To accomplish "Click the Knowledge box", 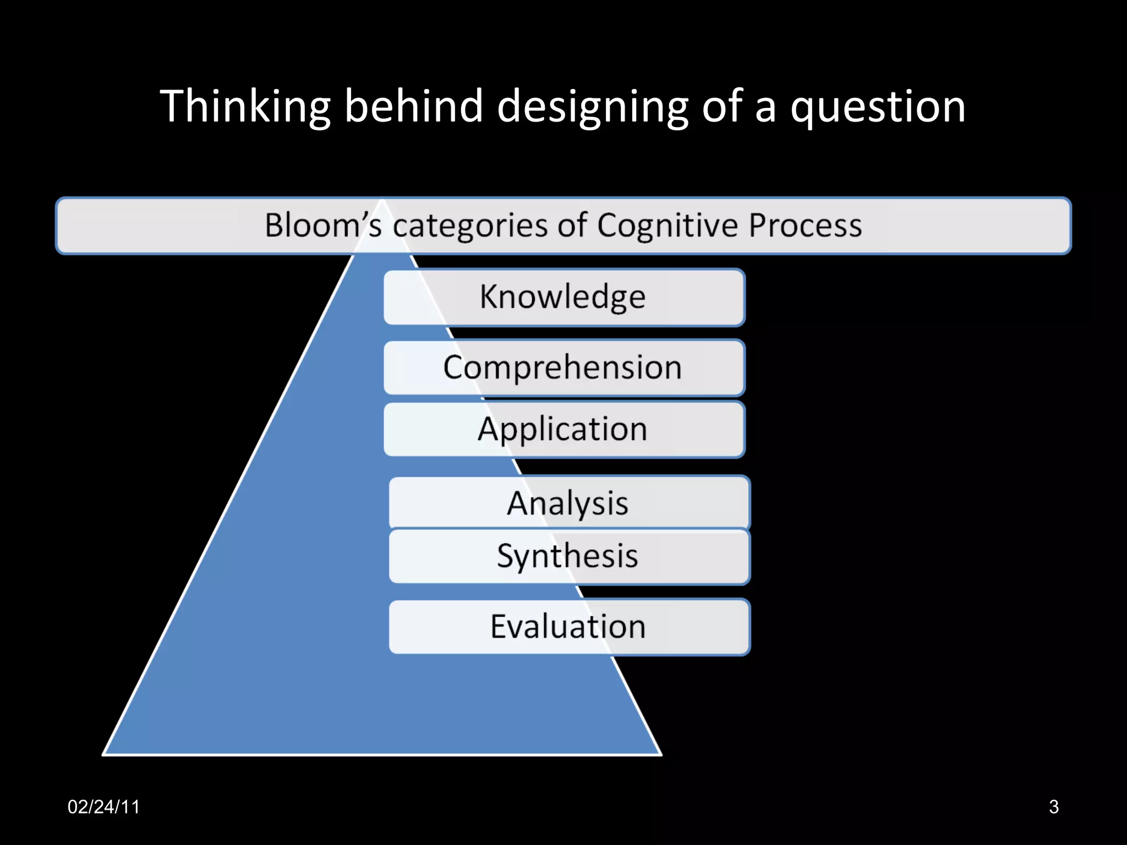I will (x=564, y=297).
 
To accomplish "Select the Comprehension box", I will (x=564, y=367).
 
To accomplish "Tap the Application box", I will (x=564, y=429).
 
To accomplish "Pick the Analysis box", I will (x=569, y=503).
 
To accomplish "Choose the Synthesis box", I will (x=569, y=556).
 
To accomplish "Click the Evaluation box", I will (x=569, y=627).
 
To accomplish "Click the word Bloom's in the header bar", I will (x=323, y=226).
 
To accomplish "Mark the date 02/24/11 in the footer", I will (x=103, y=806).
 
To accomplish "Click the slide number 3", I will (x=1053, y=806).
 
